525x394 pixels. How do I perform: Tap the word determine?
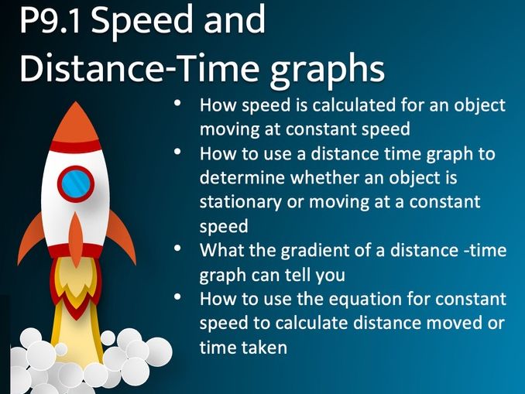237,177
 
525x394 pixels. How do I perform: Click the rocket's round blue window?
75,184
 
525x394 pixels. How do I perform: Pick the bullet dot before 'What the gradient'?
180,251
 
